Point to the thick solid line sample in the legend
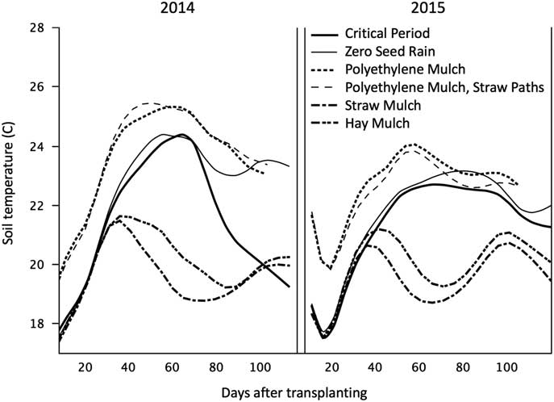click(322, 35)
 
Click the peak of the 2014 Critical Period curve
click(181, 135)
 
